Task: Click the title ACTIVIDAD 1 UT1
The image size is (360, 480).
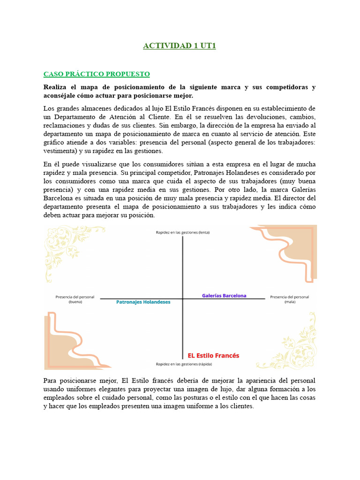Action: [x=180, y=46]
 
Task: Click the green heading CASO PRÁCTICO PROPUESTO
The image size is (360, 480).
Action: [x=97, y=74]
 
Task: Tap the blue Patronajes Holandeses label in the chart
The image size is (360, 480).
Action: [x=143, y=302]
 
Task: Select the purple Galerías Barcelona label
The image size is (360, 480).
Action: [x=224, y=296]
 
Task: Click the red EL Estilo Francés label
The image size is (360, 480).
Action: [x=213, y=356]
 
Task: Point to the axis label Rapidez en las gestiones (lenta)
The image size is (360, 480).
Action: [x=183, y=232]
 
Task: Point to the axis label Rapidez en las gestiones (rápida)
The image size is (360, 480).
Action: [x=183, y=364]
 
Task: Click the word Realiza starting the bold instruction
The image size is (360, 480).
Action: [x=56, y=87]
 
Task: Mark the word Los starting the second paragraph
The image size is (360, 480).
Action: [x=49, y=109]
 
